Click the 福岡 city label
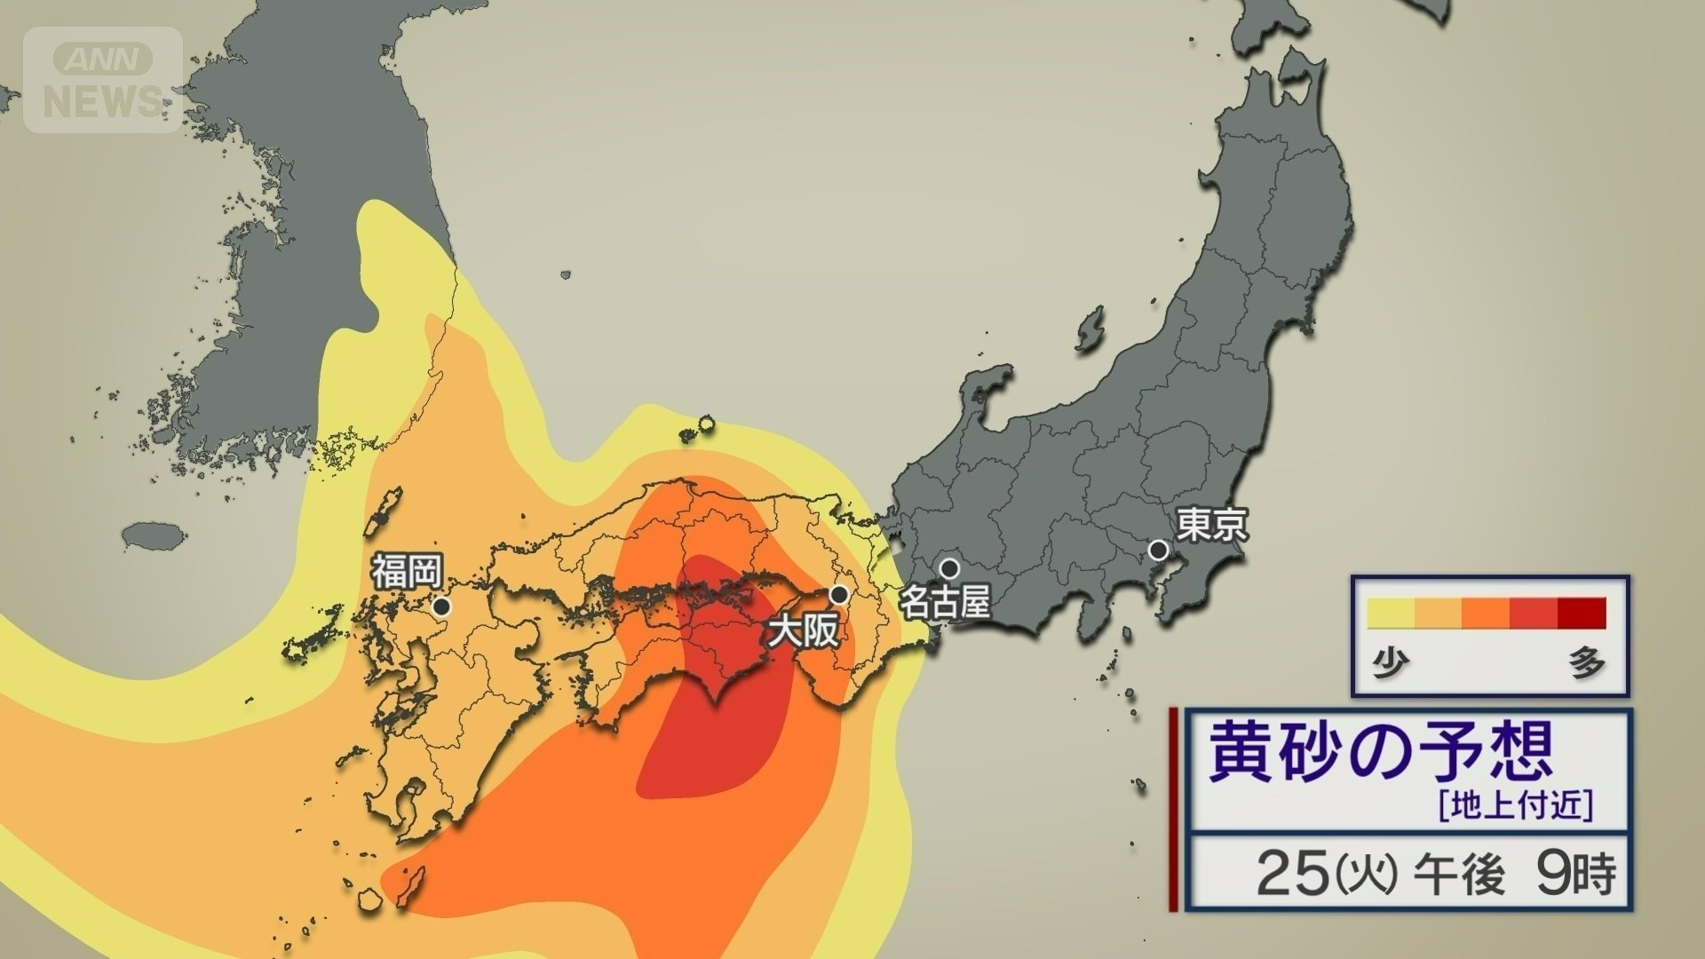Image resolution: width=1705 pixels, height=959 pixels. click(406, 571)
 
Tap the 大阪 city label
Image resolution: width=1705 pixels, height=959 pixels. click(804, 631)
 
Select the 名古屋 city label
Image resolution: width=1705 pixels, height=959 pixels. click(945, 604)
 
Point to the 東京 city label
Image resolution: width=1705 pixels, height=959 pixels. click(1212, 525)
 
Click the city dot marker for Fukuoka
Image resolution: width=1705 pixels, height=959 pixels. click(441, 607)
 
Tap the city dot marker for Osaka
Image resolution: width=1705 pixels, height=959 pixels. click(838, 593)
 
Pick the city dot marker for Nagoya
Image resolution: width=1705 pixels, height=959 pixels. click(950, 567)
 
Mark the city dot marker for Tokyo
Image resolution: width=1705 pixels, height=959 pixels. click(1158, 550)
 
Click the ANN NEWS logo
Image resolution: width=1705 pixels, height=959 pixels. click(103, 81)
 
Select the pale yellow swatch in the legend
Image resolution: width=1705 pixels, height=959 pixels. click(1391, 614)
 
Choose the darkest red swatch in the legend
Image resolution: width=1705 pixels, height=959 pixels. click(1582, 614)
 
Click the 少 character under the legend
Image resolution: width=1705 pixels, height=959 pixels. click(1392, 663)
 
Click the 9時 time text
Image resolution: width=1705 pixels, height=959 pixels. click(1576, 874)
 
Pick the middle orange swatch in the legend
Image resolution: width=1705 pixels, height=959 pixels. click(1487, 614)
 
